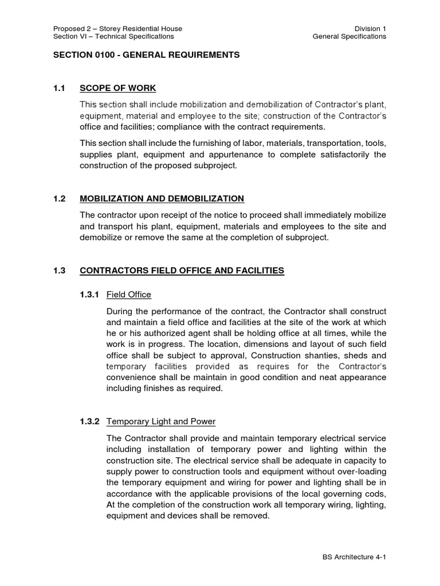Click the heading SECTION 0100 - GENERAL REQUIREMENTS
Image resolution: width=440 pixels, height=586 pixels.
(x=146, y=55)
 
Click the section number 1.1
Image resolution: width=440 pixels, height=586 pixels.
(x=59, y=88)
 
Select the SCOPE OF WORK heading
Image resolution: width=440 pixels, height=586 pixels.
(x=118, y=88)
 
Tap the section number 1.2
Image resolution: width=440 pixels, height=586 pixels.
(x=59, y=199)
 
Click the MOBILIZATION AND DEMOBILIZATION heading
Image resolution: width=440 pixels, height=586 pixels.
(x=162, y=199)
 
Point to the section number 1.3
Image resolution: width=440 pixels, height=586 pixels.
(x=59, y=271)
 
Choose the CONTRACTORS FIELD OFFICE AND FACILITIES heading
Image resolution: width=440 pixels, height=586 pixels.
(x=182, y=271)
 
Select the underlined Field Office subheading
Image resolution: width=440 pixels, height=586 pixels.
(x=129, y=295)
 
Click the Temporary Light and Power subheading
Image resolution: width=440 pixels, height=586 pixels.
(x=161, y=422)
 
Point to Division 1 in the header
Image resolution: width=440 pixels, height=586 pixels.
(x=370, y=28)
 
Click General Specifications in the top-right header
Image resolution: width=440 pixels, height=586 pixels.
(x=349, y=37)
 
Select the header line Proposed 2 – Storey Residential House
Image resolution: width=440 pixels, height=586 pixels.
(x=117, y=28)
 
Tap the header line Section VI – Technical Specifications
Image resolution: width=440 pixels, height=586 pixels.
(x=113, y=37)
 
